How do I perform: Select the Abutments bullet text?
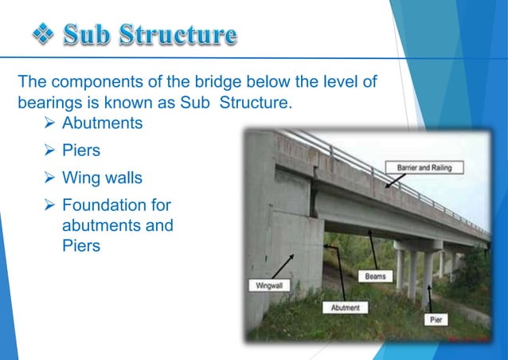pyautogui.click(x=102, y=123)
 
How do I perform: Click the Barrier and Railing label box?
pyautogui.click(x=431, y=167)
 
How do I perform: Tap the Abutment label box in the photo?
pyautogui.click(x=345, y=307)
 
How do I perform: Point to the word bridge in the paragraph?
pyautogui.click(x=203, y=82)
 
